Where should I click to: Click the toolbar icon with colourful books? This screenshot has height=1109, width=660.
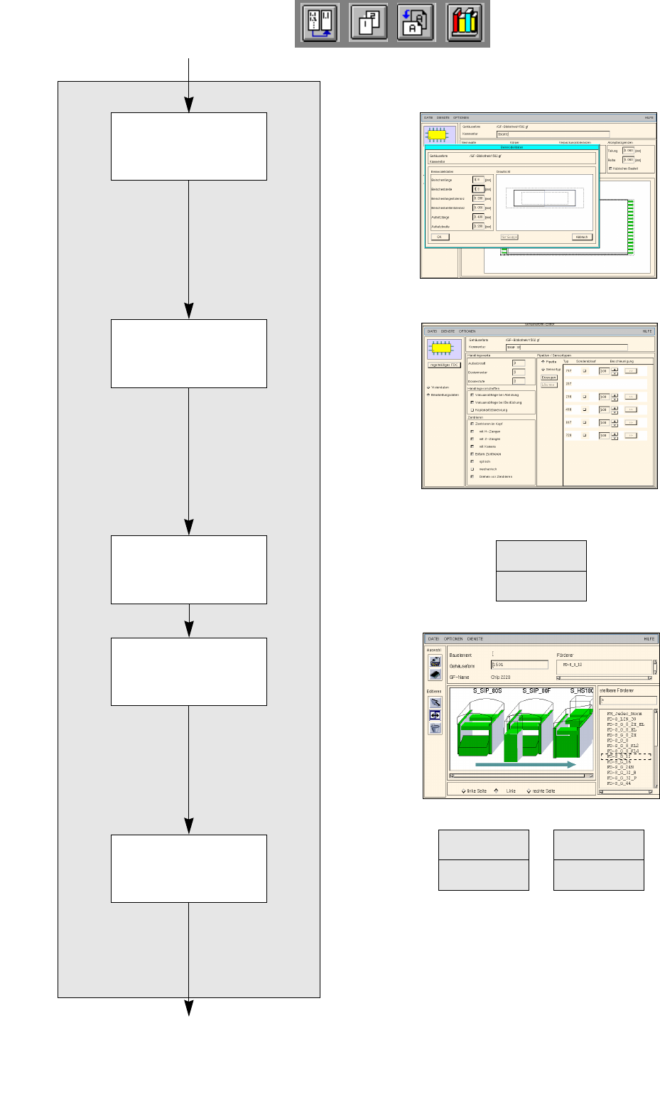coord(465,23)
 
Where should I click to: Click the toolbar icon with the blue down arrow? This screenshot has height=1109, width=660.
coord(416,23)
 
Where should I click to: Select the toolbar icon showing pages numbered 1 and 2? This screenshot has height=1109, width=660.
coord(369,23)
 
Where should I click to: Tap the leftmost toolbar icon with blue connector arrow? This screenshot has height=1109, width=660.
coord(320,23)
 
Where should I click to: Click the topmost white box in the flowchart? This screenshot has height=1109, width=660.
coord(189,146)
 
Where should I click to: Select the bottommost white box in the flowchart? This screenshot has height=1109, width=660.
coord(189,868)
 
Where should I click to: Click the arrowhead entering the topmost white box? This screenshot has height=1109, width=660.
coord(189,105)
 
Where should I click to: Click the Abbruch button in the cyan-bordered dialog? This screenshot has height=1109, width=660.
coord(582,237)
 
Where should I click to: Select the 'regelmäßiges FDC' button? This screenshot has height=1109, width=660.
coord(444,365)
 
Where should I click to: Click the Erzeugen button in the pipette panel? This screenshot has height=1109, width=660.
coord(548,377)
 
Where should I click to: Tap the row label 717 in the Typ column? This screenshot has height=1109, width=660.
coord(568,370)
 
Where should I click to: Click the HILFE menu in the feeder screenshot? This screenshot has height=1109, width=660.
coord(649,639)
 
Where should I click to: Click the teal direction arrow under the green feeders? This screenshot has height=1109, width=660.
coord(525,765)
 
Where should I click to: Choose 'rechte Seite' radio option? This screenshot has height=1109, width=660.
coord(529,791)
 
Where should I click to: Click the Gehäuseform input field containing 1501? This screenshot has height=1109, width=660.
coord(519,665)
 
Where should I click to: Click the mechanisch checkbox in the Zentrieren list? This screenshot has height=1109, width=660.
coord(472,469)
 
